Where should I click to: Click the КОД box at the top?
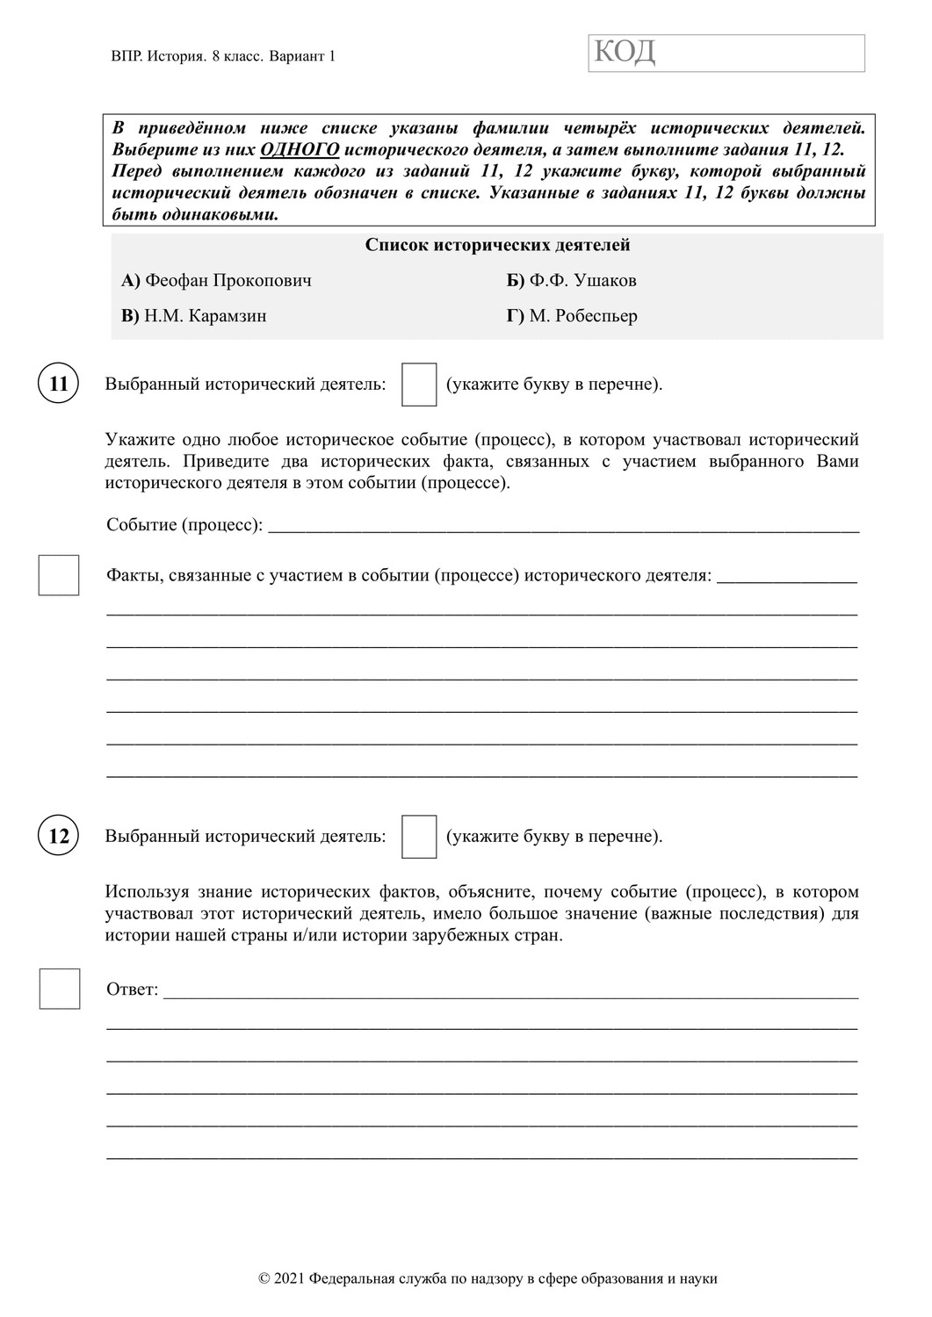click(726, 53)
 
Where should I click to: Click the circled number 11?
click(58, 384)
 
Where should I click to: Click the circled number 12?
click(58, 836)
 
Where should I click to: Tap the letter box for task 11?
click(419, 385)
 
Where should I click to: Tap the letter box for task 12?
click(419, 836)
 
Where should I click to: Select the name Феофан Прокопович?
click(228, 281)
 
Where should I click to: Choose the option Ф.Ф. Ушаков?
click(582, 281)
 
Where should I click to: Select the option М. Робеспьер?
click(583, 316)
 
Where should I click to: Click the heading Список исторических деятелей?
click(497, 245)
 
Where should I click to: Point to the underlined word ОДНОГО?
click(300, 149)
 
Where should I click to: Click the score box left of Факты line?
click(59, 575)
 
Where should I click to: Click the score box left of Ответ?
click(60, 989)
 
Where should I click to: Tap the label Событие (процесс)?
click(184, 525)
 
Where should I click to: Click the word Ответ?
click(132, 990)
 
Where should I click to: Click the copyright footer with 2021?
click(488, 1278)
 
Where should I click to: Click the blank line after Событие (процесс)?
click(562, 527)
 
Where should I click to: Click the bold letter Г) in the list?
click(516, 316)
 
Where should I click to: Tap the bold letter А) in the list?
click(131, 281)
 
